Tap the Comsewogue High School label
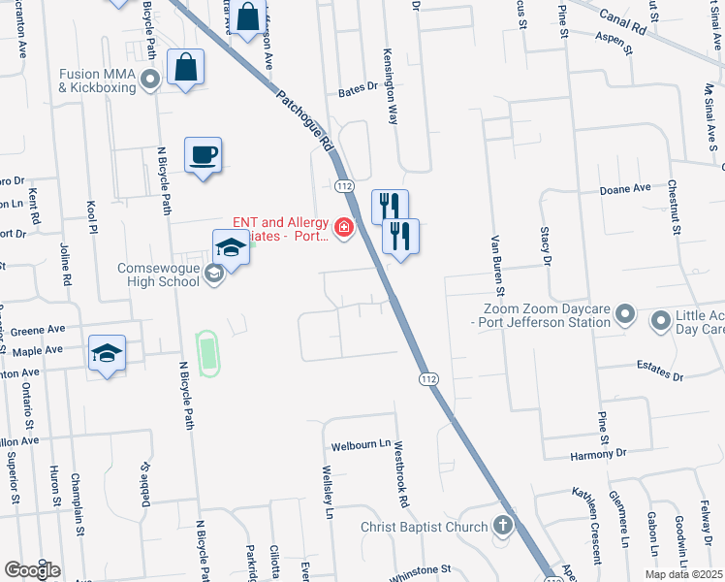[163, 275]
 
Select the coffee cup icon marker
[204, 155]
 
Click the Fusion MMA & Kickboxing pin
[150, 80]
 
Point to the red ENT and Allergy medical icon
[343, 228]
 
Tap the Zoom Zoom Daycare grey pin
[625, 314]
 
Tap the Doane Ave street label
[624, 190]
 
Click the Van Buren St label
[498, 264]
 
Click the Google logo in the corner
[32, 570]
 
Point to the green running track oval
[205, 352]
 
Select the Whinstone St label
[420, 569]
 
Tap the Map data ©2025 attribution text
[682, 574]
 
